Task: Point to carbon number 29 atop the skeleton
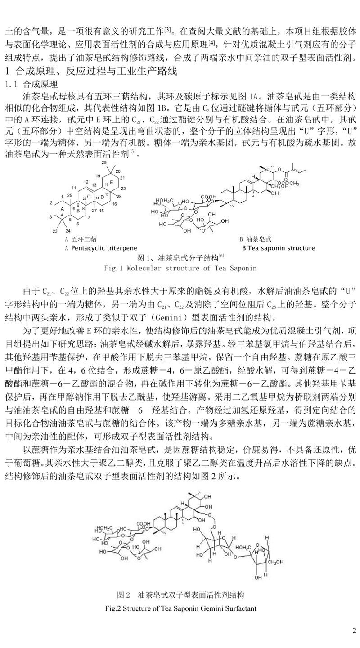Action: (105, 162)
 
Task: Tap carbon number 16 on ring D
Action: (114, 204)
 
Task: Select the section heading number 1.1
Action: (10, 85)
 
